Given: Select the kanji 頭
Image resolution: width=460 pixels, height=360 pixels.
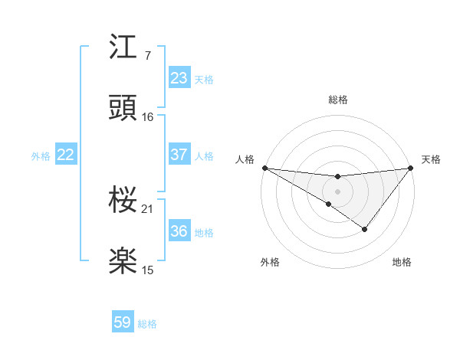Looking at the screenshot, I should coord(123,108).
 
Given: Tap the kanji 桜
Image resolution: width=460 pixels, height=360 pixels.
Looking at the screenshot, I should coord(123,200).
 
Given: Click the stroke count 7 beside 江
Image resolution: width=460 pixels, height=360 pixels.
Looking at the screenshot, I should coord(147,55).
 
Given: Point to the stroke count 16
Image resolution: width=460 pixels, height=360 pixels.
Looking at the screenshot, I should coord(148,116).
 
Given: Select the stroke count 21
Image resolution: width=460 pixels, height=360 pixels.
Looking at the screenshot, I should coord(148,208).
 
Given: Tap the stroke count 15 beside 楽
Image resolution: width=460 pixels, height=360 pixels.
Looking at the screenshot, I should coord(148,270).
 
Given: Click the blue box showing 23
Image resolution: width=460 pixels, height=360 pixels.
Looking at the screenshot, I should coord(179,78).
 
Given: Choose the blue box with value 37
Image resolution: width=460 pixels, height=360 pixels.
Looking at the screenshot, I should coord(179,155).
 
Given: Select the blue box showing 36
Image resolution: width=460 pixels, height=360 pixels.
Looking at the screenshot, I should coord(179,231).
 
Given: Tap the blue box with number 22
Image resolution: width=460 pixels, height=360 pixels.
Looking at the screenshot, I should coord(65,155).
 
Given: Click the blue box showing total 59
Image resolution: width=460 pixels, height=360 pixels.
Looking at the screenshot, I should coord(123,322).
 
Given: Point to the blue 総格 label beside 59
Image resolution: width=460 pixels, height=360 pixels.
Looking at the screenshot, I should coord(147,324).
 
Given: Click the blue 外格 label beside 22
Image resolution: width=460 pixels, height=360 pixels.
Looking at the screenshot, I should coord(41,156).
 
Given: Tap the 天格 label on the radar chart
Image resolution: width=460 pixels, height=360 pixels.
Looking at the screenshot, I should coord(431,159).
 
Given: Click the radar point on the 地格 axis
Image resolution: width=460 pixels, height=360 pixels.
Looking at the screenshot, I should coord(365,229).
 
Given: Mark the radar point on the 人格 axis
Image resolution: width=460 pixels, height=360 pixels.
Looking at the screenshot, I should coord(264,167).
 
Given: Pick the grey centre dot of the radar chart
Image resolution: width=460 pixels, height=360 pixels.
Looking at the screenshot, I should coord(337,191).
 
